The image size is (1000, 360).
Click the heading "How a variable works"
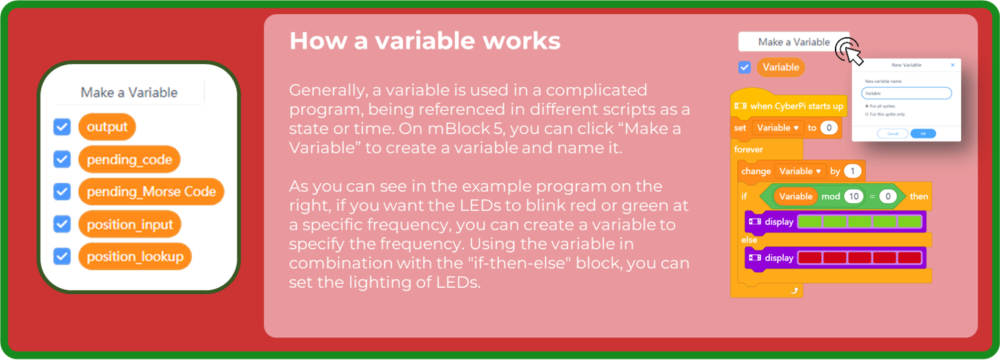click(425, 41)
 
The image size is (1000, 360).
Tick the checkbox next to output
click(62, 127)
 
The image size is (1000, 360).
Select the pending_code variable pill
click(129, 159)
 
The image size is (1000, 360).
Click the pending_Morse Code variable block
click(151, 192)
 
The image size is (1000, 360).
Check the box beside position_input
click(62, 225)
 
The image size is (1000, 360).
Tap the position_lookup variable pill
click(135, 256)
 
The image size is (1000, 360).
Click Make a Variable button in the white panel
click(129, 92)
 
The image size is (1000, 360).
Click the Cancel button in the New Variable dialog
click(892, 134)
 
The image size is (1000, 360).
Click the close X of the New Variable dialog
click(953, 65)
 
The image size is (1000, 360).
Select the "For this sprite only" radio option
click(867, 114)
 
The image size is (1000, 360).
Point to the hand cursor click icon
click(849, 51)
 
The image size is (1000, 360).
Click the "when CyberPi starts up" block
click(789, 106)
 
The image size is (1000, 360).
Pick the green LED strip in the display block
click(860, 222)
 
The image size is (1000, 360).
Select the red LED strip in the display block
click(860, 258)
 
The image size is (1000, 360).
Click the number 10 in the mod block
click(854, 196)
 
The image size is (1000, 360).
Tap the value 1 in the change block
click(852, 171)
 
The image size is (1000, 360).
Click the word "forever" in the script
click(748, 150)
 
